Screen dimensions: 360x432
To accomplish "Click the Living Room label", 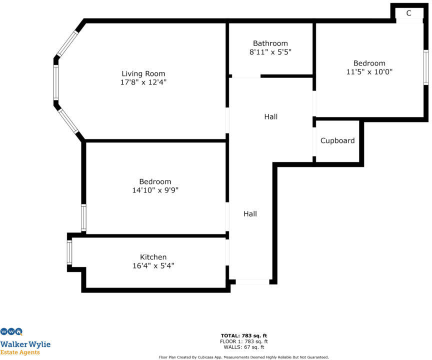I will tap(143, 74).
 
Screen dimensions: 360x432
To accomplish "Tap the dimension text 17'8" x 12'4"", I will tap(143, 82).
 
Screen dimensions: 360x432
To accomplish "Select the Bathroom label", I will tap(270, 43).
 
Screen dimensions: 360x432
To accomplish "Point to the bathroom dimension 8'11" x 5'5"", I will tap(270, 52).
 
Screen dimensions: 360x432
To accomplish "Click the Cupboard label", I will tap(337, 141).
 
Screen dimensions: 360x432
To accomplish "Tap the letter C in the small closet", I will tap(408, 13).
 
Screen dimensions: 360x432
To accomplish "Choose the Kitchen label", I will tap(153, 257).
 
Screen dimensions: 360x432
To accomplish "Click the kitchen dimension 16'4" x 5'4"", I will tap(153, 265).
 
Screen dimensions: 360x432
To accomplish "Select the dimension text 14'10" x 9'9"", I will tap(155, 190).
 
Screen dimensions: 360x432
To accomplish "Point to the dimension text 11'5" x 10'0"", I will tap(369, 71).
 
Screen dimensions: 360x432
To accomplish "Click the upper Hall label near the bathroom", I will tap(271, 117).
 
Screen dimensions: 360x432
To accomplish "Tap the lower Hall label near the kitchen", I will tap(250, 214).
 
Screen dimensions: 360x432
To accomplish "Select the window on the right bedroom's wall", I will tap(425, 67).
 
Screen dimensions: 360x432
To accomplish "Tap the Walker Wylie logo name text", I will tap(25, 344).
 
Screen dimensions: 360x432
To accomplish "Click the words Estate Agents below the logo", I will tap(20, 352).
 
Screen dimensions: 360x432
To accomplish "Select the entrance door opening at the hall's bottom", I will tap(252, 282).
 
